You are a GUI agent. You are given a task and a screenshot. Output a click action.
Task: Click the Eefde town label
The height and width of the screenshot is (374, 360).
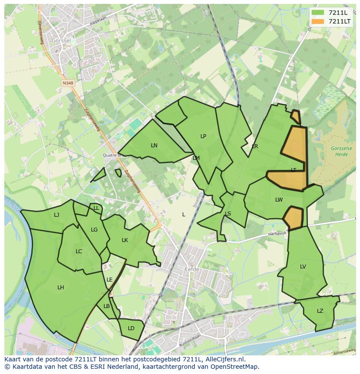point(192,269)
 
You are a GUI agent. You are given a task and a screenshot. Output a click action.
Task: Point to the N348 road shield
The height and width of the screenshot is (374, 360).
point(67,83)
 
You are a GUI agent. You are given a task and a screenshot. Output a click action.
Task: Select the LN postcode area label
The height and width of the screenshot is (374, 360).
point(154,145)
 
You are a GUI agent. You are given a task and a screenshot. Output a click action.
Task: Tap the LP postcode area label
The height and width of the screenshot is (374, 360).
point(203,136)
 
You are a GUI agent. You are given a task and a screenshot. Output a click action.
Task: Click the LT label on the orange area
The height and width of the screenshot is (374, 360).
point(293,170)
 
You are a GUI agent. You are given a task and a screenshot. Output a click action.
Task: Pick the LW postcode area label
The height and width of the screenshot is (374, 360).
point(279,200)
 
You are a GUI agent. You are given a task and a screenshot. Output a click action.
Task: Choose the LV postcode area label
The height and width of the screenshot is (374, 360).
point(303,267)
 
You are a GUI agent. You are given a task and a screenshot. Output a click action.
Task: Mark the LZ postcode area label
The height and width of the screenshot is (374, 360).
point(320,311)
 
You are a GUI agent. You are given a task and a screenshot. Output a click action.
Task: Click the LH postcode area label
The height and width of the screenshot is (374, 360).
point(60,287)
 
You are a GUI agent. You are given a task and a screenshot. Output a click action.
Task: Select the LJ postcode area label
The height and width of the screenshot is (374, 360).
point(57,215)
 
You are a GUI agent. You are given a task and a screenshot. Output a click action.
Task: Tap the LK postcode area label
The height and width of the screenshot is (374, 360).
point(125,240)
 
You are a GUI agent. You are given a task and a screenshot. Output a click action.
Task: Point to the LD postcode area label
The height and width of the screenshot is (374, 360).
point(131,328)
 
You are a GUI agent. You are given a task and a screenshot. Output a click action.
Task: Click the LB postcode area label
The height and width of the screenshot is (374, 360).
point(107,306)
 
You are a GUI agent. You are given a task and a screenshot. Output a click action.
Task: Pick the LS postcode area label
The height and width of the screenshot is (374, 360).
point(228,213)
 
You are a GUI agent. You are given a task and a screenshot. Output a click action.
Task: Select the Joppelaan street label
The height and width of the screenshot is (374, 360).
point(98,20)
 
